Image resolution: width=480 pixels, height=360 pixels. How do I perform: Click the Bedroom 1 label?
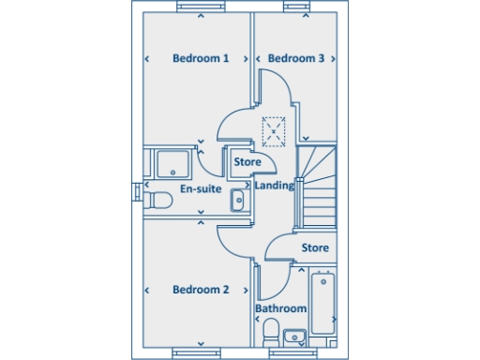(x=201, y=58)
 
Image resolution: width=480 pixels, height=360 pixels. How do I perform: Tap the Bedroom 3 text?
(x=296, y=58)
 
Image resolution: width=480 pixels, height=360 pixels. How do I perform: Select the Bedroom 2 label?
(x=201, y=290)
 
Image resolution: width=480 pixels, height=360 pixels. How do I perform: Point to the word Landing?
(x=275, y=186)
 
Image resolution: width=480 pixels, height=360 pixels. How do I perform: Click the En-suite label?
(x=200, y=189)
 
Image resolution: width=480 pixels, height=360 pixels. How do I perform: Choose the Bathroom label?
(x=280, y=308)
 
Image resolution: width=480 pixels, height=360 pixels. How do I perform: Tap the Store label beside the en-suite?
(x=247, y=162)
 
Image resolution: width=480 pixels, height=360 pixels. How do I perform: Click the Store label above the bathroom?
(x=315, y=248)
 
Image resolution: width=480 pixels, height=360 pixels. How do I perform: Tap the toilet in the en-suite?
(x=159, y=199)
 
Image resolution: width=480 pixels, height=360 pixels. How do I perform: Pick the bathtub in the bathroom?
(x=322, y=302)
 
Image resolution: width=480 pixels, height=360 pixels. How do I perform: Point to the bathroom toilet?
(x=270, y=330)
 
